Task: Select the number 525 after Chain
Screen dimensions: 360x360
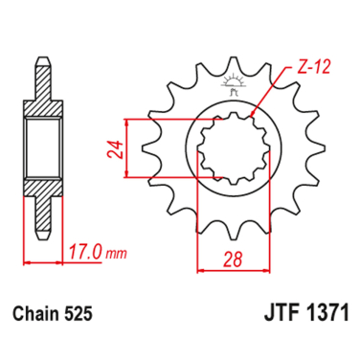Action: pos(79,312)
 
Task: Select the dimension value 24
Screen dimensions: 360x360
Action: pos(114,147)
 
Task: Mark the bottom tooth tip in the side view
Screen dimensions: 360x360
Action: pos(42,239)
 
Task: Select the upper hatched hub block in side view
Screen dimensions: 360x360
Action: pos(42,106)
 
